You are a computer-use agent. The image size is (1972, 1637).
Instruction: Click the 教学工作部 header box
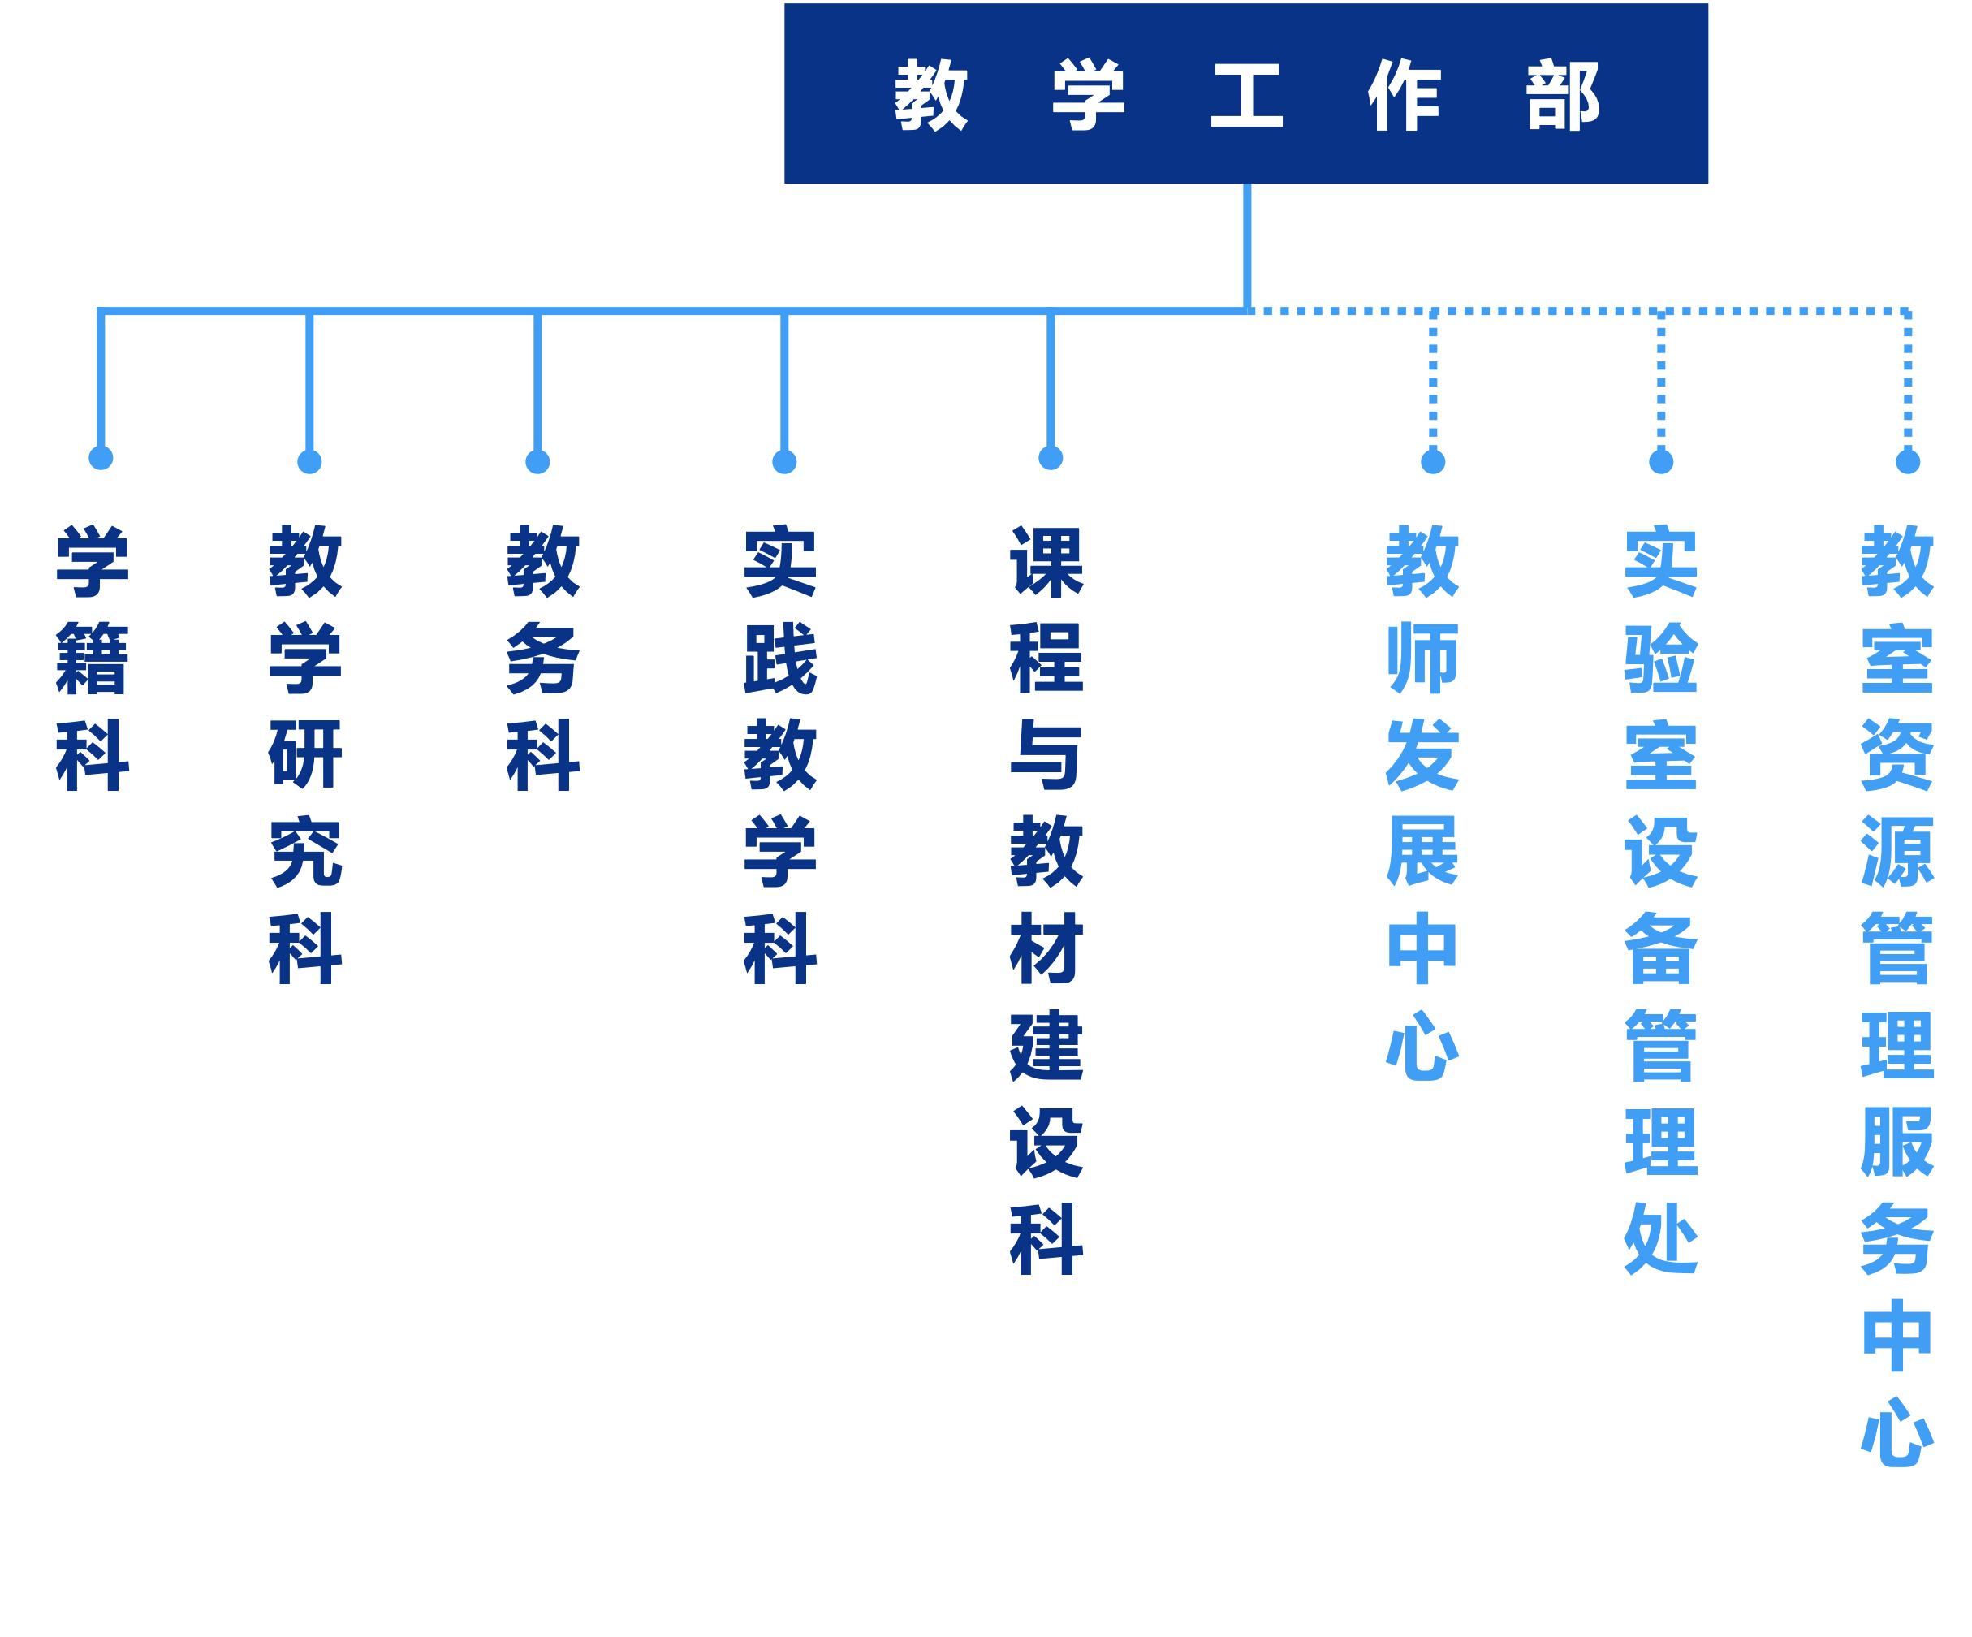(1246, 93)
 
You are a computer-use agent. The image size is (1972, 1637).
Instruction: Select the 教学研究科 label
(305, 754)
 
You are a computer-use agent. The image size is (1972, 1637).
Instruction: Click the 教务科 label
(543, 658)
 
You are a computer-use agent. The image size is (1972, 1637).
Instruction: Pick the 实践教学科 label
(780, 754)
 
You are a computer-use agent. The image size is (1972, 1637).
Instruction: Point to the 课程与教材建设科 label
(1046, 900)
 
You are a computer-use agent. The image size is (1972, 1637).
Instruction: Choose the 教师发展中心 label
(1422, 803)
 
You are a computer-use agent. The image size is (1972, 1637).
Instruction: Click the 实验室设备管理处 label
(1660, 900)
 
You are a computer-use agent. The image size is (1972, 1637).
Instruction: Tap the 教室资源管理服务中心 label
(1896, 996)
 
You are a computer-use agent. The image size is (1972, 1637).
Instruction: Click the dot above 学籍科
(101, 457)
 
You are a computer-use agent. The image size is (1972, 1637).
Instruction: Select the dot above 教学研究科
(309, 462)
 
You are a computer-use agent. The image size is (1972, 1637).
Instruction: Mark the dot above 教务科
(537, 462)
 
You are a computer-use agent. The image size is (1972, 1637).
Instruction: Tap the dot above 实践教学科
(784, 462)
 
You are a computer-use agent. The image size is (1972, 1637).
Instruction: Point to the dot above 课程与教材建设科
(1051, 457)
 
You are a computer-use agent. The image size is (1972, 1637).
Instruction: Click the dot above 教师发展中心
(1433, 461)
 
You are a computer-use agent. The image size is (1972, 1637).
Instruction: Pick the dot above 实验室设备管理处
(1661, 461)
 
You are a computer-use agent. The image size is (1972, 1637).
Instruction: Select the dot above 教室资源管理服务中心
(1907, 461)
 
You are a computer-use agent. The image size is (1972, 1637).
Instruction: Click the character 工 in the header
(1246, 95)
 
